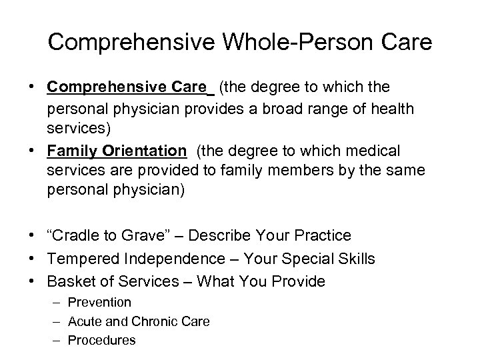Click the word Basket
tap(73, 282)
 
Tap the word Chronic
tap(161, 321)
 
